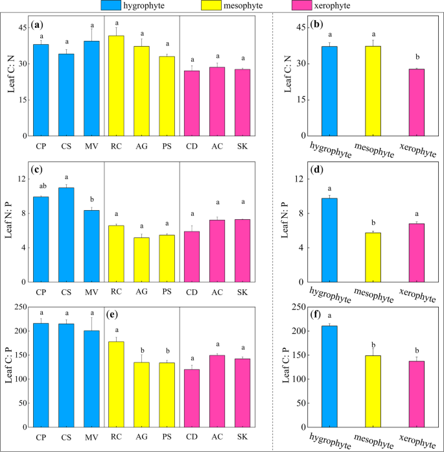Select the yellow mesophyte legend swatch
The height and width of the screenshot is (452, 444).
pyautogui.click(x=238, y=6)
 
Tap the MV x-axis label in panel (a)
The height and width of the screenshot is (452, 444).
pyautogui.click(x=91, y=146)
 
